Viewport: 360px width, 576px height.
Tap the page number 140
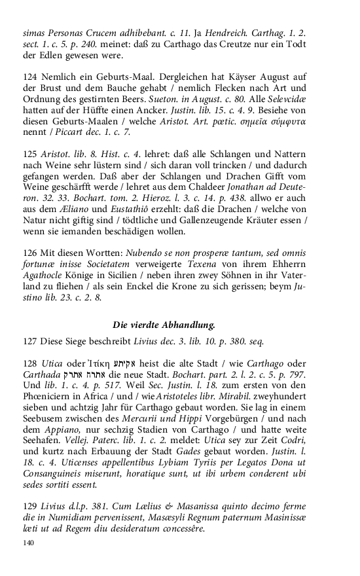(x=28, y=543)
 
